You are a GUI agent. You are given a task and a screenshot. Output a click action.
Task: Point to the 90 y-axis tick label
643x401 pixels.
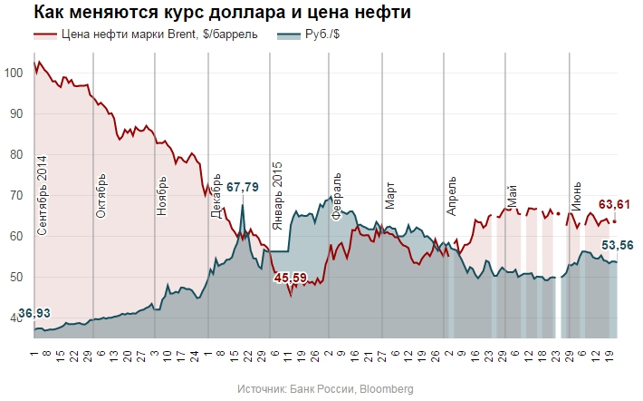16,113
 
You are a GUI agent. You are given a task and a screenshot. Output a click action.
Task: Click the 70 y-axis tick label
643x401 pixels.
16,195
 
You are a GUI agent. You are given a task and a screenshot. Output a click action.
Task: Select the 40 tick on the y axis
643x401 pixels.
16,318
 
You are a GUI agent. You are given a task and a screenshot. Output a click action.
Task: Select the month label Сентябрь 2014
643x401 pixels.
42,196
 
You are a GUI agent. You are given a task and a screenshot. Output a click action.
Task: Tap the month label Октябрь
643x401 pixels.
101,193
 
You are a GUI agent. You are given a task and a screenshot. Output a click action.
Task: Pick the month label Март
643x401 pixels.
389,194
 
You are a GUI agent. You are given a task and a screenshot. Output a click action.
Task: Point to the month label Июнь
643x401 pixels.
576,194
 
